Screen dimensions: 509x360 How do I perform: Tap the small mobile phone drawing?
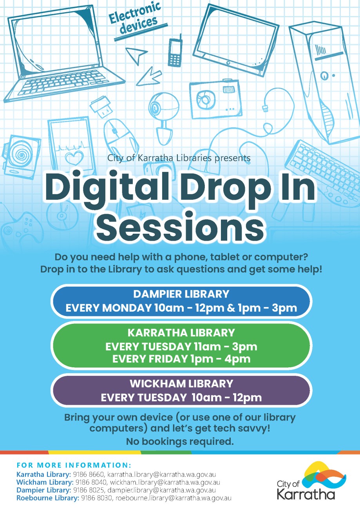(x=175, y=52)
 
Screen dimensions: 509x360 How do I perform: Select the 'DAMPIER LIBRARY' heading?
(x=181, y=294)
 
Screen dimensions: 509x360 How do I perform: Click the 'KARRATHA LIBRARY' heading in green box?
(x=181, y=333)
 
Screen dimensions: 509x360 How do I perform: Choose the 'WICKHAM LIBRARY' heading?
(x=181, y=383)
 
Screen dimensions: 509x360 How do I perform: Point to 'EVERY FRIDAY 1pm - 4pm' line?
(x=181, y=359)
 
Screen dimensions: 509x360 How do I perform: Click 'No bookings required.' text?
(x=180, y=442)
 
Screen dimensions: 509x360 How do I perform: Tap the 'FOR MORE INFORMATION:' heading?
(x=74, y=466)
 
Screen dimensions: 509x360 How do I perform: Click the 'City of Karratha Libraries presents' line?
(x=179, y=158)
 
